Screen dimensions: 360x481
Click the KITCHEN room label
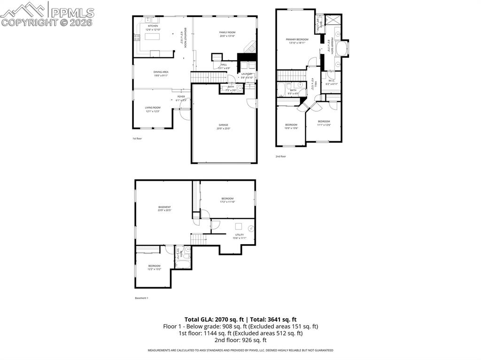point(153,26)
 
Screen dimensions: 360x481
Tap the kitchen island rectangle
point(153,37)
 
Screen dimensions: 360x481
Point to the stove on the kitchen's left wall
point(137,38)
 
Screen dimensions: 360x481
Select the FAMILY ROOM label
point(226,32)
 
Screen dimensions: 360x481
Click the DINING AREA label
point(161,72)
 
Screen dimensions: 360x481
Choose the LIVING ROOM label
point(152,107)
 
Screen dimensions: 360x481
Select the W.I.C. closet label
point(332,81)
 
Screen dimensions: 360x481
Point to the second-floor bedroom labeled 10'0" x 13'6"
point(291,126)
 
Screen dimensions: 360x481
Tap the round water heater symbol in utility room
point(251,229)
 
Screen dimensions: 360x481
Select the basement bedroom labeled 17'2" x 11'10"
point(227,200)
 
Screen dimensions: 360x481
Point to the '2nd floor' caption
point(280,156)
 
